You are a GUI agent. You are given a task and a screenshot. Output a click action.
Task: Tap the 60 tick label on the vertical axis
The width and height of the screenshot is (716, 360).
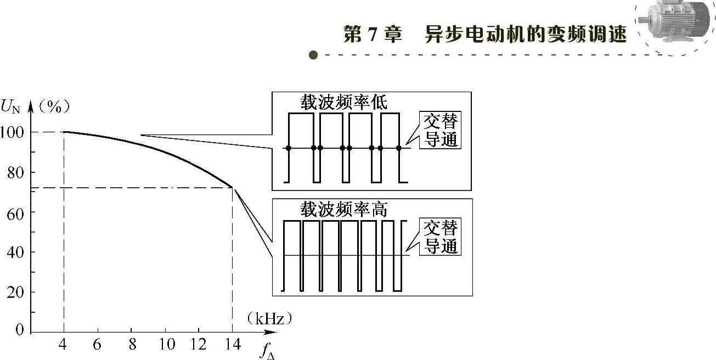click(15, 212)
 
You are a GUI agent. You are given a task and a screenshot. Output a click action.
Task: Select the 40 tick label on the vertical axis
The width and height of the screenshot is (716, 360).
click(15, 252)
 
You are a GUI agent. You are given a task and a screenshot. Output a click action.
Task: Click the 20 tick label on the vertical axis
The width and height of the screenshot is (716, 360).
click(15, 292)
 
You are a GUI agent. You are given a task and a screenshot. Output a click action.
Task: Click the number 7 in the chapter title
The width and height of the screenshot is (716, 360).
click(375, 35)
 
